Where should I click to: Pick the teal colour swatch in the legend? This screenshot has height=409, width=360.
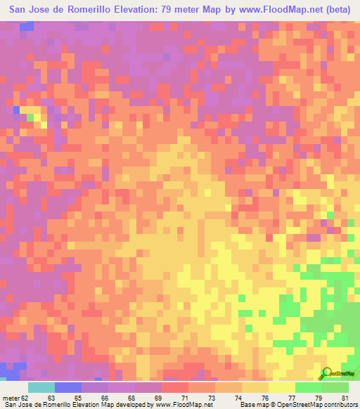41,387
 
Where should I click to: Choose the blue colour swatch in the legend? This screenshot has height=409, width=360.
68,387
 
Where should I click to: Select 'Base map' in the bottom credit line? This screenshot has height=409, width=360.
250,404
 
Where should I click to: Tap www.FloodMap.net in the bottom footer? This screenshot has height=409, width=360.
172,404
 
